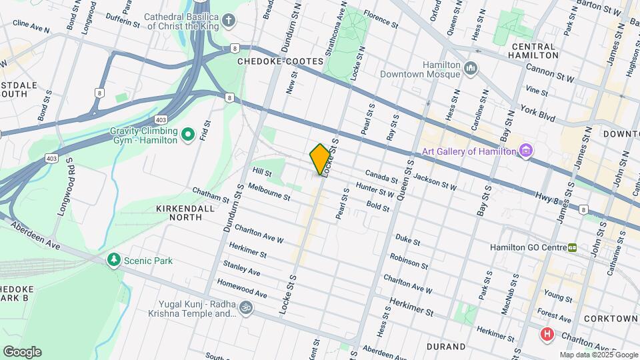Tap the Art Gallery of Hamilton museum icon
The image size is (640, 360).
pyautogui.click(x=526, y=151)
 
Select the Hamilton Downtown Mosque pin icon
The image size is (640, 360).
pyautogui.click(x=471, y=68)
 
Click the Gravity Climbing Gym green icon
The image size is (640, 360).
pyautogui.click(x=188, y=135)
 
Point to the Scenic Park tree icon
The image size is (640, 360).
pyautogui.click(x=114, y=259)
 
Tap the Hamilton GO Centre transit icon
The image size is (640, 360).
pyautogui.click(x=572, y=247)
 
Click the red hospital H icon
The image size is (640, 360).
pyautogui.click(x=547, y=333)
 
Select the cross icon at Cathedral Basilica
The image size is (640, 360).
pyautogui.click(x=229, y=20)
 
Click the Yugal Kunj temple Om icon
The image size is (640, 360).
pyautogui.click(x=245, y=307)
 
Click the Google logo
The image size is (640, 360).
pyautogui.click(x=22, y=351)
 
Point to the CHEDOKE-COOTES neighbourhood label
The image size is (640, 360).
pyautogui.click(x=280, y=61)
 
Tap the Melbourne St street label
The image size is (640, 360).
pyautogui.click(x=269, y=193)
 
